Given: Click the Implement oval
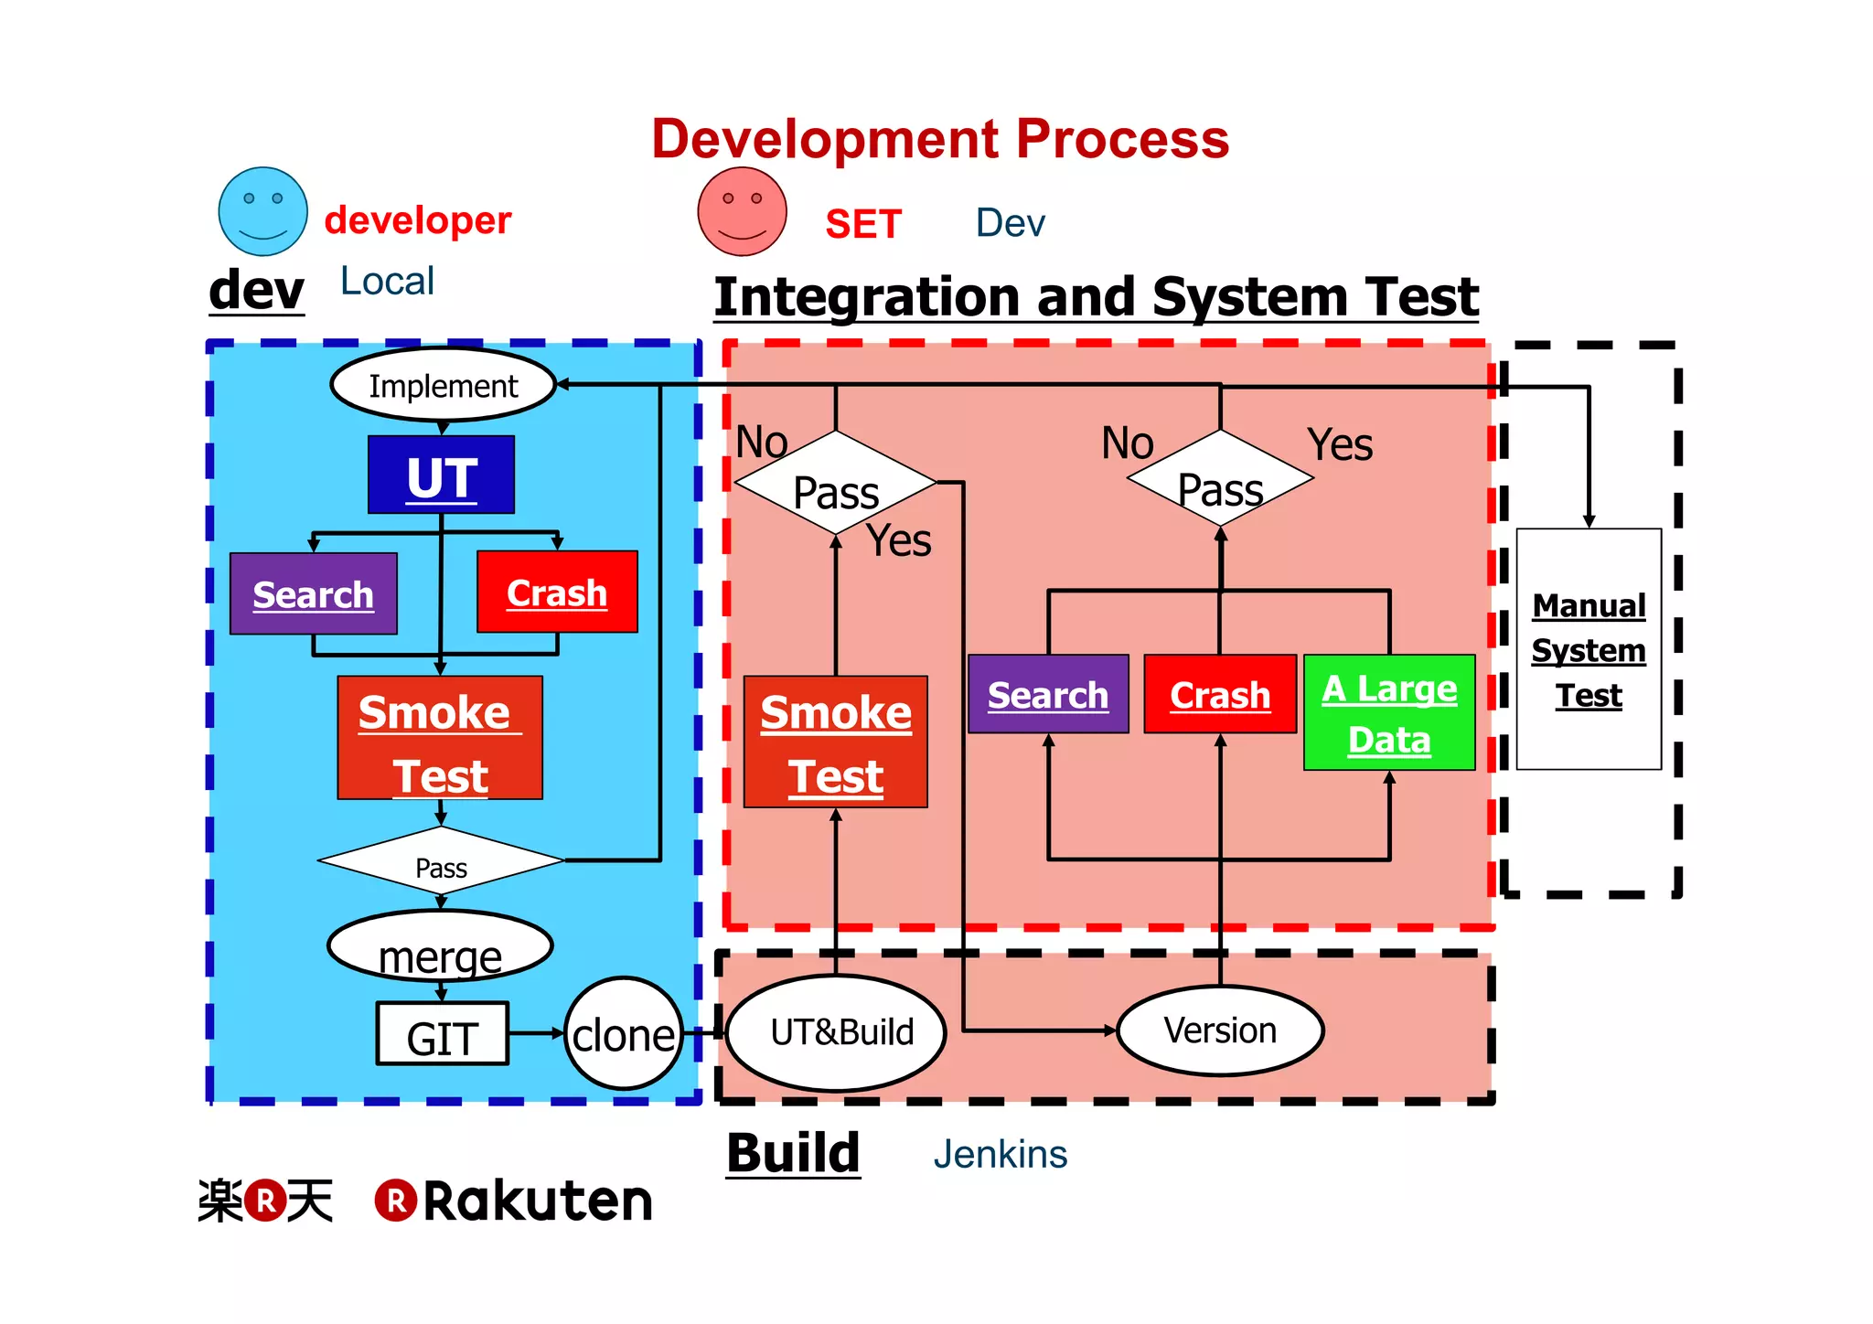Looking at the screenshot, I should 444,385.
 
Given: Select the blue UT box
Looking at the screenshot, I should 441,475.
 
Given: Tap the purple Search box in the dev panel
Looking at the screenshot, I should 313,593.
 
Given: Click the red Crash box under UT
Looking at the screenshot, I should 557,592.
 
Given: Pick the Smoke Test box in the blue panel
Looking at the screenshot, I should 440,738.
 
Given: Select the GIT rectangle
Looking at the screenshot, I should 442,1034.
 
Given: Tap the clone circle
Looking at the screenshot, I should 624,1033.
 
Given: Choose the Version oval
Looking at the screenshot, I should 1220,1030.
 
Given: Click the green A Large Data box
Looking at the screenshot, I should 1389,712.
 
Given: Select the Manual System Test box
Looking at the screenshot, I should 1589,649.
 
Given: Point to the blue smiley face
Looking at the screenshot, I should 263,211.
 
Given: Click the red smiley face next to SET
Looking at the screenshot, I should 742,211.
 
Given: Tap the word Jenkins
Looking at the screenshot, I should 1000,1154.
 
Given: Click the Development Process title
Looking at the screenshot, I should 940,139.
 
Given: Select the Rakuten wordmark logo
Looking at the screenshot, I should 515,1201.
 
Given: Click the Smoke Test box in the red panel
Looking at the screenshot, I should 836,742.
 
